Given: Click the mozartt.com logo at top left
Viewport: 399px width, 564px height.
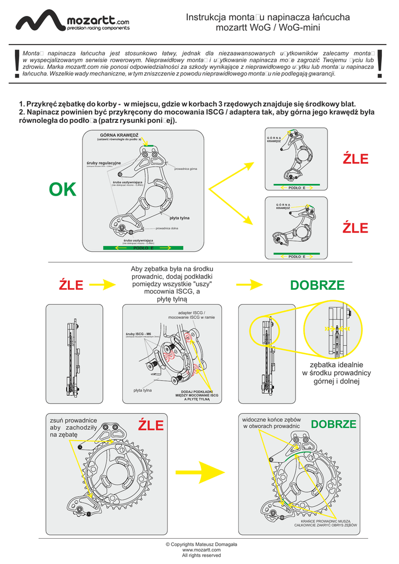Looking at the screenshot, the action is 72,21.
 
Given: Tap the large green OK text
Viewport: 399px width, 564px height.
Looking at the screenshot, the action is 62,189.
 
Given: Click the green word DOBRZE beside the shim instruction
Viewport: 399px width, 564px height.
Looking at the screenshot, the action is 317,285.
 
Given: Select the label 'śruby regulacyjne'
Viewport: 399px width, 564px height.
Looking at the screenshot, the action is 103,164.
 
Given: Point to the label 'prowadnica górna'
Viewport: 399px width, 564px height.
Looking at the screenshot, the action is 185,169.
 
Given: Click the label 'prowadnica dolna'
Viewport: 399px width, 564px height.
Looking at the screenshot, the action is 166,228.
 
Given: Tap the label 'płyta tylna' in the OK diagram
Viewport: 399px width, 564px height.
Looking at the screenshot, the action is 179,218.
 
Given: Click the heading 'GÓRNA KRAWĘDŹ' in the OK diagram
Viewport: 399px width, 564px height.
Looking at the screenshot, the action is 119,135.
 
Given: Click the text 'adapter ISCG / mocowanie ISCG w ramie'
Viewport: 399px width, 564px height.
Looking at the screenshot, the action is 190,315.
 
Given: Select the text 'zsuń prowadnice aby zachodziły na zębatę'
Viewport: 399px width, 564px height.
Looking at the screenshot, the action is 74,427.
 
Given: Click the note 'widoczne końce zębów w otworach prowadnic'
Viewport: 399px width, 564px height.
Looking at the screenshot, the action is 271,422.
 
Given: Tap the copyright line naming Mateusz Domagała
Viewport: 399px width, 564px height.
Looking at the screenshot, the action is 201,544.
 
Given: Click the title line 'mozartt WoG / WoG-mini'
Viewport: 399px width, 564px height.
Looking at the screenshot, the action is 268,28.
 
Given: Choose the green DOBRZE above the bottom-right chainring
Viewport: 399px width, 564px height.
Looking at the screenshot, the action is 334,425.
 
